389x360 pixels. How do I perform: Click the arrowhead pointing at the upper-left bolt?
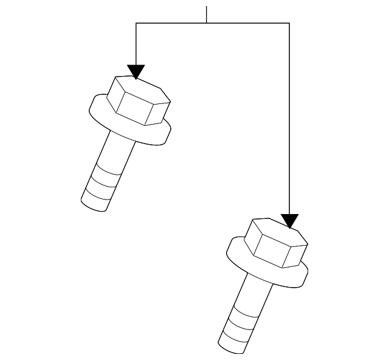pyautogui.click(x=136, y=71)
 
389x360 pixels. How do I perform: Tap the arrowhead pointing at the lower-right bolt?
pyautogui.click(x=290, y=220)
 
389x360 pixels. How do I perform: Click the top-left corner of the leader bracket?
pyautogui.click(x=136, y=23)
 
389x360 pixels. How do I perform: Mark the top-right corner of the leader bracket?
pyautogui.click(x=289, y=23)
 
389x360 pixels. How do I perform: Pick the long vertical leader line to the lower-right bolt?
pyautogui.click(x=289, y=122)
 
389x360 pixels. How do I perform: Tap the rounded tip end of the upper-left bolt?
pyautogui.click(x=94, y=204)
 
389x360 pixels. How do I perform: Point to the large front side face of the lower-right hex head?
pyautogui.click(x=270, y=252)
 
